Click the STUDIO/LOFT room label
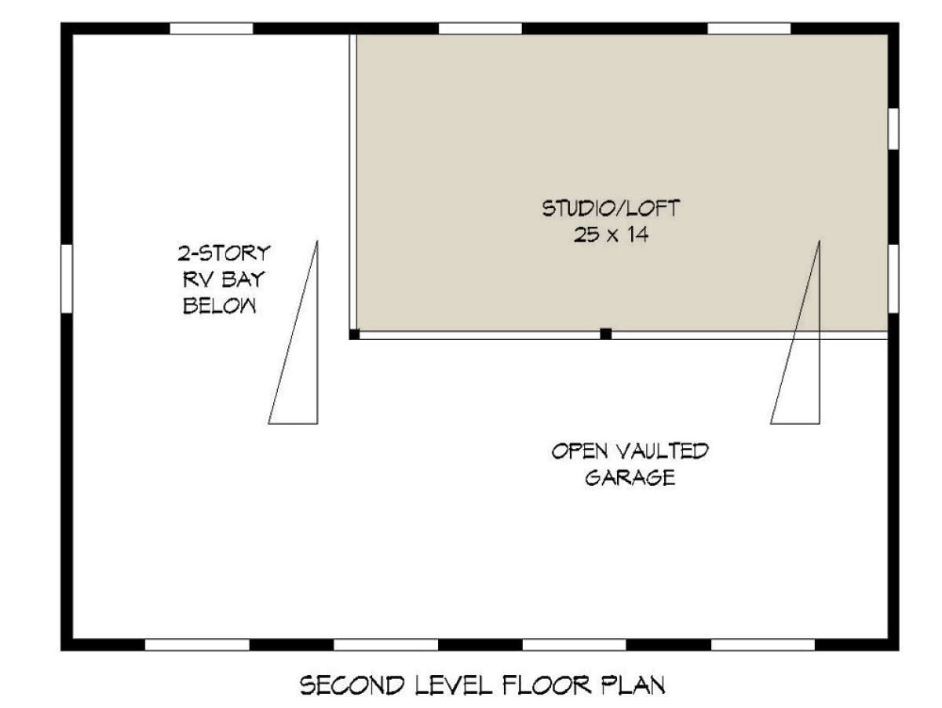610,209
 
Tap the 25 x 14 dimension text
611,235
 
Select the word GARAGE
630,477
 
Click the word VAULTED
663,451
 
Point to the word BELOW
220,305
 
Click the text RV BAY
224,279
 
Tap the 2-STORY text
224,254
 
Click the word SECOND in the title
352,685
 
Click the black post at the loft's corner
354,334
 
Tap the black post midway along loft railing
605,334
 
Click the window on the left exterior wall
67,279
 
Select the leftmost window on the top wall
211,28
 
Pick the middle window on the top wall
480,28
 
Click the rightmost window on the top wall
749,28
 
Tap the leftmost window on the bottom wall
197,644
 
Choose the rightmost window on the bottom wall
763,644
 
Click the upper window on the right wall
893,129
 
